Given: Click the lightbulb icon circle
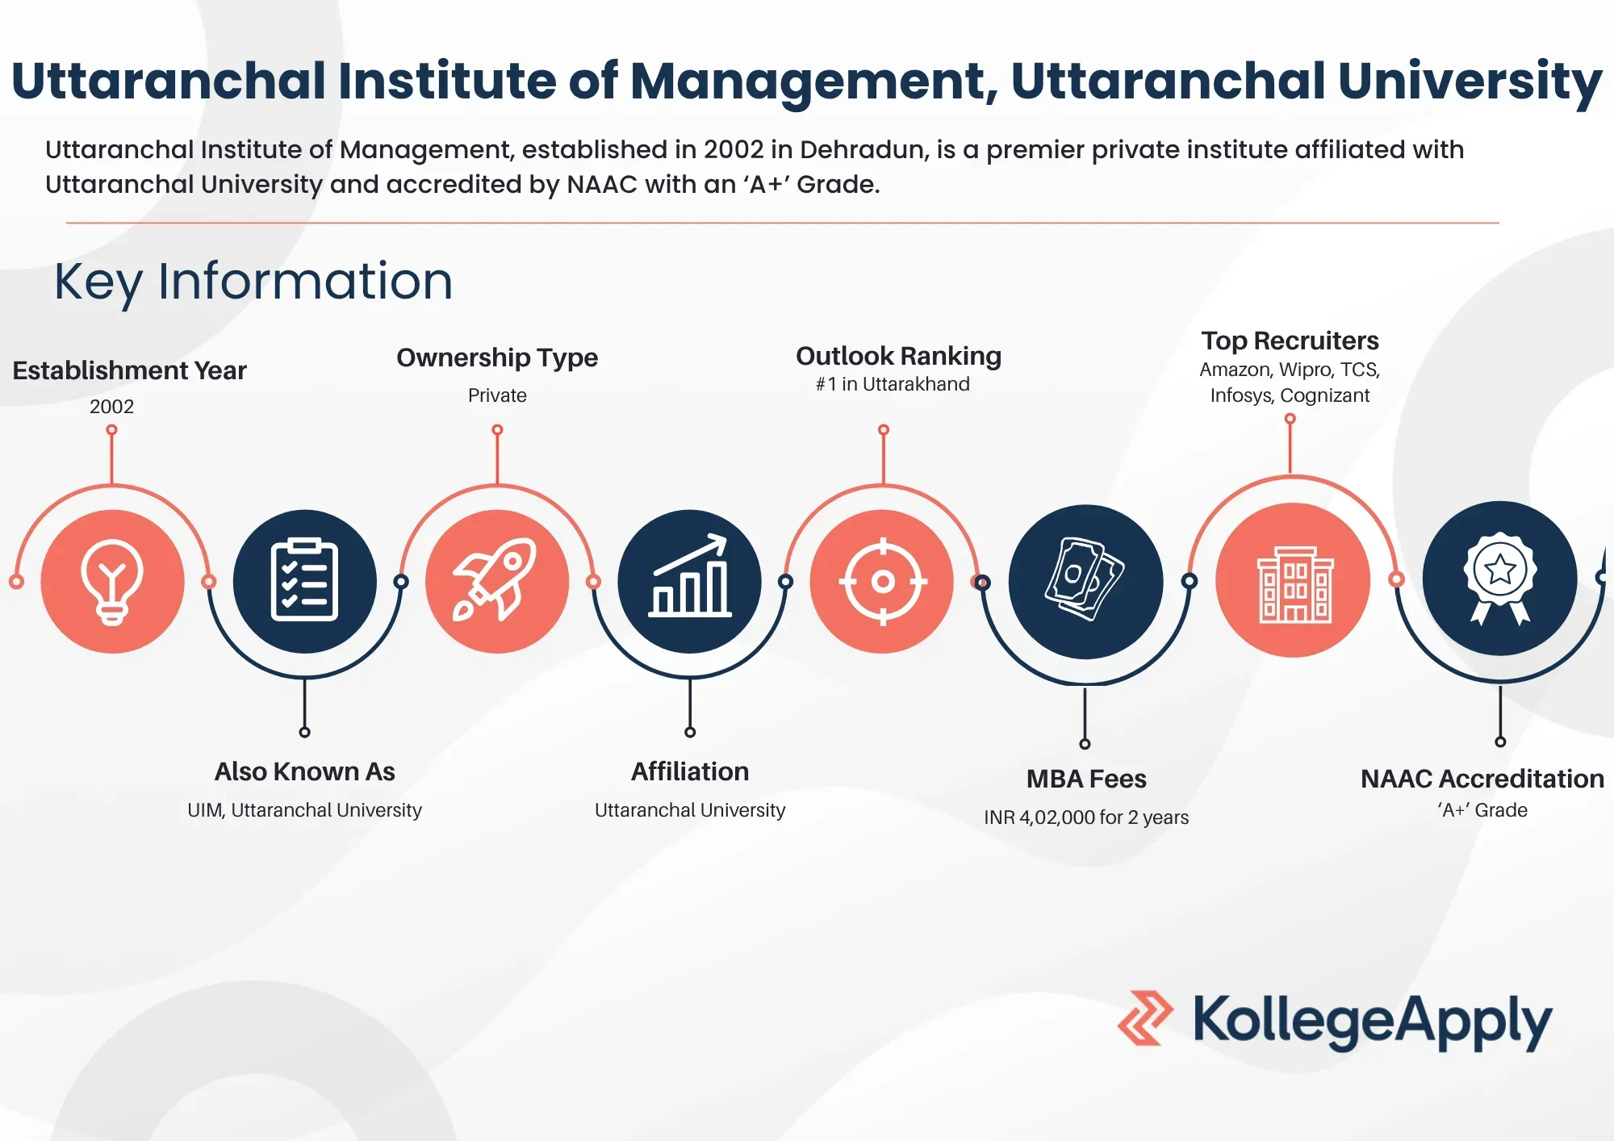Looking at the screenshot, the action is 112,581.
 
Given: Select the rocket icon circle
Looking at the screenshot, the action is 497,581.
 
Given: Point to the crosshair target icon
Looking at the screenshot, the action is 882,581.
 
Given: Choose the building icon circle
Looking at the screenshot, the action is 1293,580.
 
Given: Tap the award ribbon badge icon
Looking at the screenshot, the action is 1499,579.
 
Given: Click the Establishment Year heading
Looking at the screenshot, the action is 129,370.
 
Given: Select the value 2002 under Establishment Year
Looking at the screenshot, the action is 112,406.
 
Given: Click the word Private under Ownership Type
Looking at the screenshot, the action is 497,395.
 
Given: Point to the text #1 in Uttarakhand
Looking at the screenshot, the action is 893,384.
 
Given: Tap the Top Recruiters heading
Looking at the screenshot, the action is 1290,341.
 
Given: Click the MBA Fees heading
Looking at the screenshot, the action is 1086,779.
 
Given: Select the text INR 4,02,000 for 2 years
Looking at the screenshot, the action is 1086,817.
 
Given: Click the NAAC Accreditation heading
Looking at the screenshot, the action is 1482,779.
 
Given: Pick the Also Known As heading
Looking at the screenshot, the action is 305,771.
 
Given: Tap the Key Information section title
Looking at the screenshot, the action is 253,282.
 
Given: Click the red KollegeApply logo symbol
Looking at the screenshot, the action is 1145,1018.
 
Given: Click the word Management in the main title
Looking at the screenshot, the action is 809,81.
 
